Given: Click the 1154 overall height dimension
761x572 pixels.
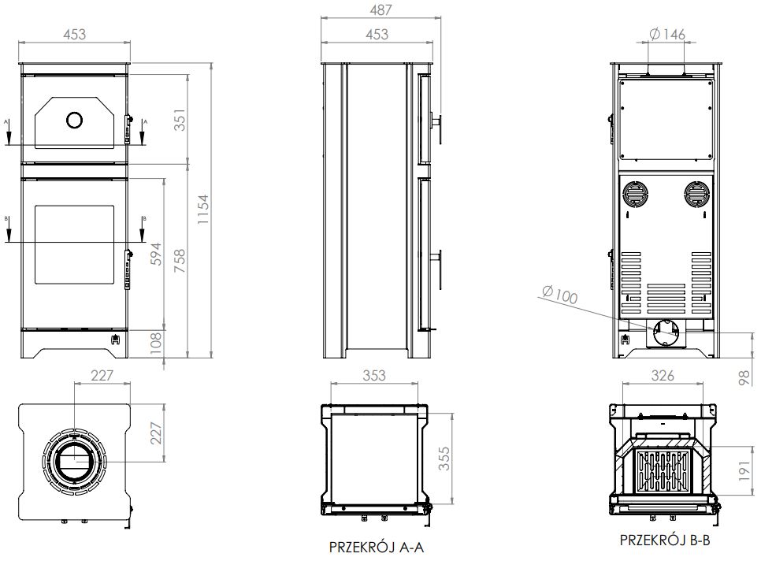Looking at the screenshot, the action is pos(203,210).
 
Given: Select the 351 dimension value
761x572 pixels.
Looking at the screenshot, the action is pos(180,120).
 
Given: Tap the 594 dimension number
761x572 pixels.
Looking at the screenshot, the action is pos(156,254).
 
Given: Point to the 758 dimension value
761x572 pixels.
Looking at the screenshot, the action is pos(180,260).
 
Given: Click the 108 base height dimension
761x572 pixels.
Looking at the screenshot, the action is pos(156,344).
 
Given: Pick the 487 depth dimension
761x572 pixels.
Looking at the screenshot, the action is pos(380,9).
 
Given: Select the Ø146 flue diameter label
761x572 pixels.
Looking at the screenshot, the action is pos(666,34).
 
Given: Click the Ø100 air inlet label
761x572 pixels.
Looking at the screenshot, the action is pos(559,295).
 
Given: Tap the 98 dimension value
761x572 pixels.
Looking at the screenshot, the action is pos(744,377).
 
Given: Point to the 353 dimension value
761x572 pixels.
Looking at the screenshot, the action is pos(374,375).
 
